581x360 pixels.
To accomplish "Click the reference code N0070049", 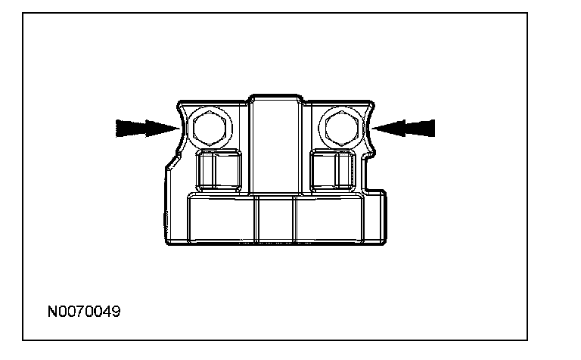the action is pos(83,311).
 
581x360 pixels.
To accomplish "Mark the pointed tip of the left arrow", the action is pos(179,129).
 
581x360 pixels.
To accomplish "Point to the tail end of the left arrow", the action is pos(118,128).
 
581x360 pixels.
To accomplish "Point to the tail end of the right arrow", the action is pos(433,128).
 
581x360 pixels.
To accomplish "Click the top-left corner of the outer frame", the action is pos(23,14).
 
